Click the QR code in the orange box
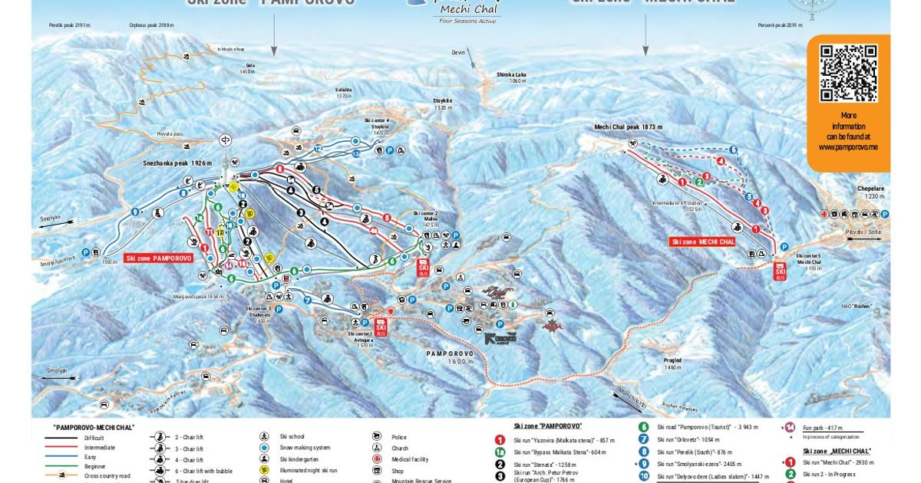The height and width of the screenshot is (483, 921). [848, 73]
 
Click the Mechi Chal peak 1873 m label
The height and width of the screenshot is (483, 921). [628, 127]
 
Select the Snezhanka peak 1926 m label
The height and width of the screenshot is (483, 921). [177, 163]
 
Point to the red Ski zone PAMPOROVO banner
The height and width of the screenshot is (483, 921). [157, 258]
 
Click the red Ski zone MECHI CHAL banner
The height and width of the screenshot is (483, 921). [702, 242]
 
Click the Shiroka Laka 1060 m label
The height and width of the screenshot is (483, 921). [510, 77]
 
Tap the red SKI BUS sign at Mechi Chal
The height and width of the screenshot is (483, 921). [781, 271]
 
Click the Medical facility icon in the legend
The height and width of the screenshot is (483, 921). [376, 459]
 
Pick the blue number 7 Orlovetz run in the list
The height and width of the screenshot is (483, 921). [644, 440]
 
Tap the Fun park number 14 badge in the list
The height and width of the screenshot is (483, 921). [789, 428]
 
